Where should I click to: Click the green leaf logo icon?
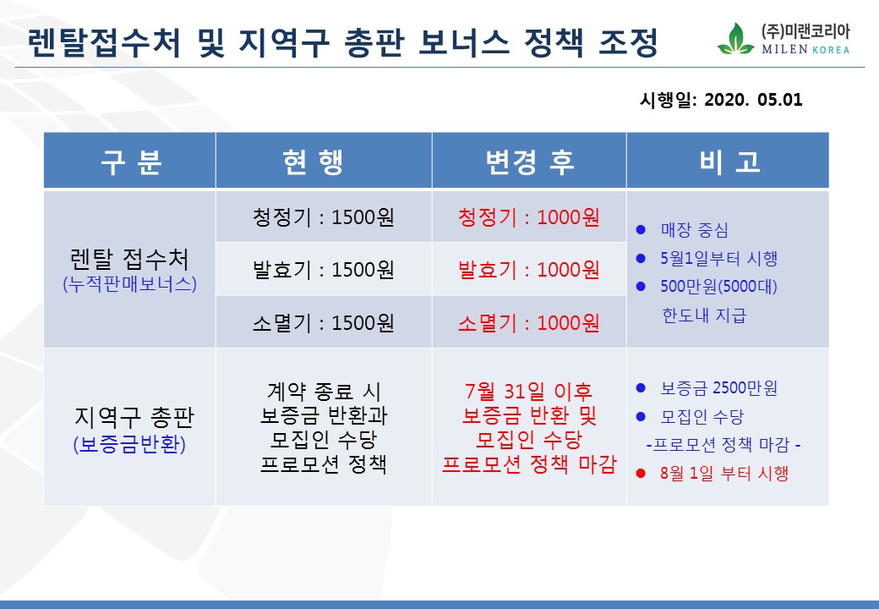735,39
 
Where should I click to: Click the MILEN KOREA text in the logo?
805,49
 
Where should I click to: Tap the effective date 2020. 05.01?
753,100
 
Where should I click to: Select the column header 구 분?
131,162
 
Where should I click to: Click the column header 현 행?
313,162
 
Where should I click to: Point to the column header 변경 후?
530,162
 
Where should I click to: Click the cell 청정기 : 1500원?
324,217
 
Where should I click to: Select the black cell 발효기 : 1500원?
324,270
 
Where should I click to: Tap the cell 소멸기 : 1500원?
324,323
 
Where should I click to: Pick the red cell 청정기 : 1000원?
528,217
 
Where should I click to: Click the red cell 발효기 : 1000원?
528,270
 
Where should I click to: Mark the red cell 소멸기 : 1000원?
528,323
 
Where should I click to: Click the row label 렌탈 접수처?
129,259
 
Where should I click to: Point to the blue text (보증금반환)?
129,444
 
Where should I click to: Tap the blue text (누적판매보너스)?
129,283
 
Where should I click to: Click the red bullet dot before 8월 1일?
641,474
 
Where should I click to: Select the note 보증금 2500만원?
719,388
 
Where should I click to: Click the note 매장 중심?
695,230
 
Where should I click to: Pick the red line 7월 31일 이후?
528,391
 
